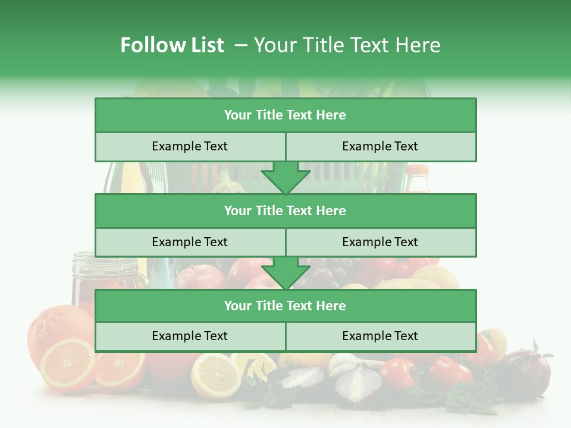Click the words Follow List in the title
[172, 45]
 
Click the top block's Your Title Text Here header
[285, 115]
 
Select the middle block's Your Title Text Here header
[285, 210]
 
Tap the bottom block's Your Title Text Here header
[285, 306]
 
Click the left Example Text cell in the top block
[190, 146]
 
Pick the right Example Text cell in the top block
[380, 146]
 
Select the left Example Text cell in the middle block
[190, 242]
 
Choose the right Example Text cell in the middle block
[380, 242]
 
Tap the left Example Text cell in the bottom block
[190, 336]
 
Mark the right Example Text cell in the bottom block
[380, 336]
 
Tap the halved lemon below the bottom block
[215, 376]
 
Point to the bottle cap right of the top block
[417, 170]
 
